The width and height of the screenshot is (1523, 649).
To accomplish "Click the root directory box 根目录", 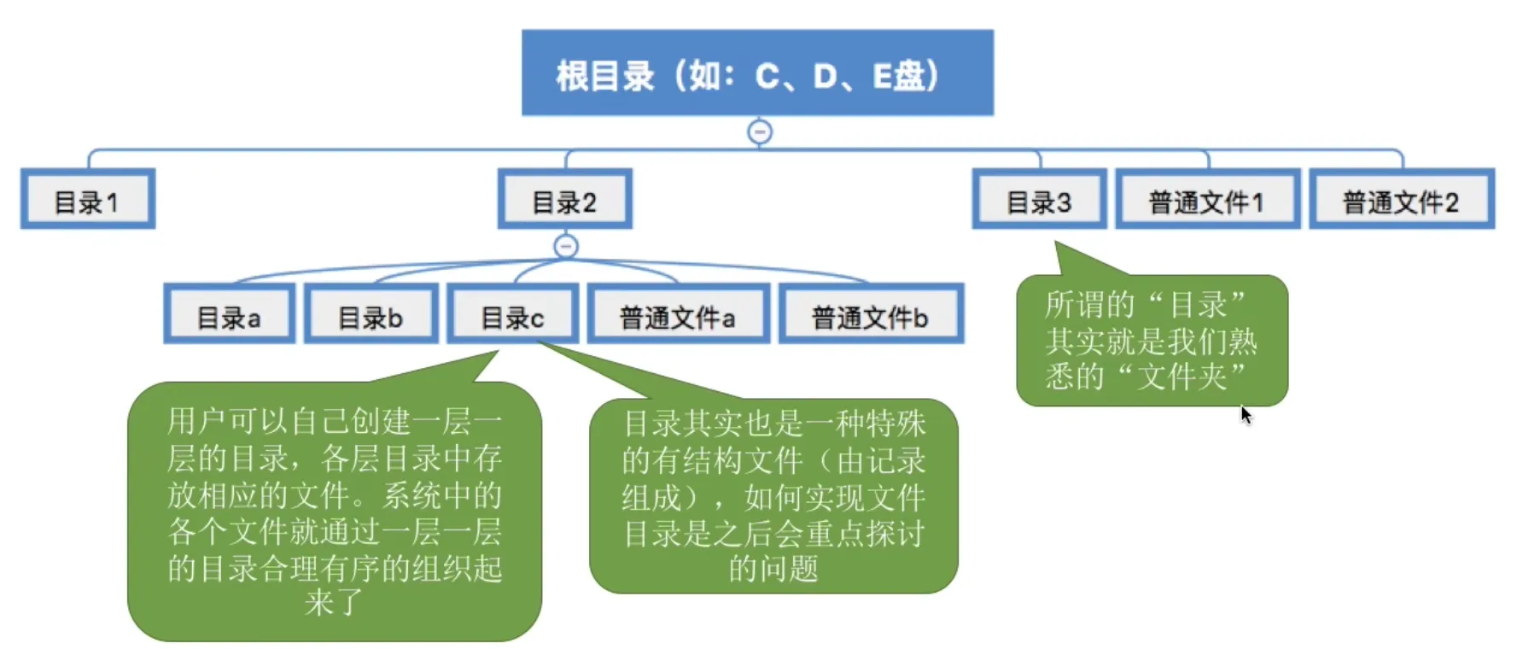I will [757, 73].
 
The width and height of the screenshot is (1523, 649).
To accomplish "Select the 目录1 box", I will [87, 200].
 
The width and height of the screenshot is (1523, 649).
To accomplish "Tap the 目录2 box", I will [564, 200].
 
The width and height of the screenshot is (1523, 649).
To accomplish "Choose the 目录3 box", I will [1038, 200].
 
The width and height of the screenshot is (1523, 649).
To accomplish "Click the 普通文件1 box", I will [1207, 200].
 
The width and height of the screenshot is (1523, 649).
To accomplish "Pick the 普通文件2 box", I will [1401, 200].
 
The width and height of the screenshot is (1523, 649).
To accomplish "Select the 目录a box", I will [229, 315].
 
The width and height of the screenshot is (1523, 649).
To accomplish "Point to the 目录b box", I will [371, 315].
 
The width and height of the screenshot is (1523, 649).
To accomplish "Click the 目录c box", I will [512, 315].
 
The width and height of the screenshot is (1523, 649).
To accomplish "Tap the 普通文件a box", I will [678, 315].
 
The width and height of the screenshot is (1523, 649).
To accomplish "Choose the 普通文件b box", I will [871, 315].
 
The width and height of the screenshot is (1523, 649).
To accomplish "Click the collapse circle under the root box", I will [760, 132].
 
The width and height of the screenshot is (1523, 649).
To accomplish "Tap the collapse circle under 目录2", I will [566, 247].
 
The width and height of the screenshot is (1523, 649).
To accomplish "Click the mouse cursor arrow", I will [1246, 414].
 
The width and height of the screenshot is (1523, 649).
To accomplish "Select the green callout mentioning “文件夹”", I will [1151, 341].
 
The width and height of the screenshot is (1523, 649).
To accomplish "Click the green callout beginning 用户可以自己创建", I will [334, 511].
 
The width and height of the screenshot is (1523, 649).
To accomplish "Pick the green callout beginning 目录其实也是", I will [773, 495].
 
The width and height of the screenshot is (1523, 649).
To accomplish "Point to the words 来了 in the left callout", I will [334, 603].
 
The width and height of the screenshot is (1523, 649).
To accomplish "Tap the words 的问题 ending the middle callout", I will [773, 568].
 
